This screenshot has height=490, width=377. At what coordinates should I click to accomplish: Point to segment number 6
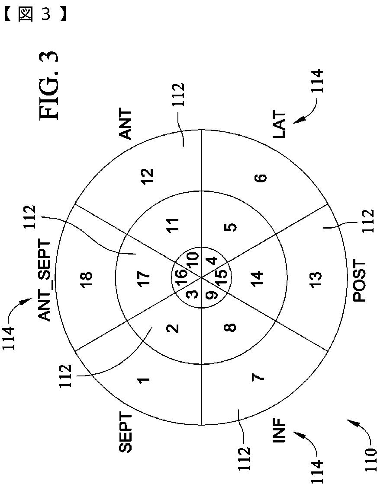tap(262, 178)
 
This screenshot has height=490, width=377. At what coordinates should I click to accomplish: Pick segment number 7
tap(258, 377)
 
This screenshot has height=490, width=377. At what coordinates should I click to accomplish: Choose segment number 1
tap(144, 380)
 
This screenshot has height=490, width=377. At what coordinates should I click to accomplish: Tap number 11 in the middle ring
tap(174, 226)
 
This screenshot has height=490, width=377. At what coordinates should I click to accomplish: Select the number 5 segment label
tap(232, 227)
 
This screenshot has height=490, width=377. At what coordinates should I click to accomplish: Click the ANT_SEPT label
tap(45, 281)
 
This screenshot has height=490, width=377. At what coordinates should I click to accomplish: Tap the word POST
tap(360, 281)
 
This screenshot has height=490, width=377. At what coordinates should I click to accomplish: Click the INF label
tap(280, 430)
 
